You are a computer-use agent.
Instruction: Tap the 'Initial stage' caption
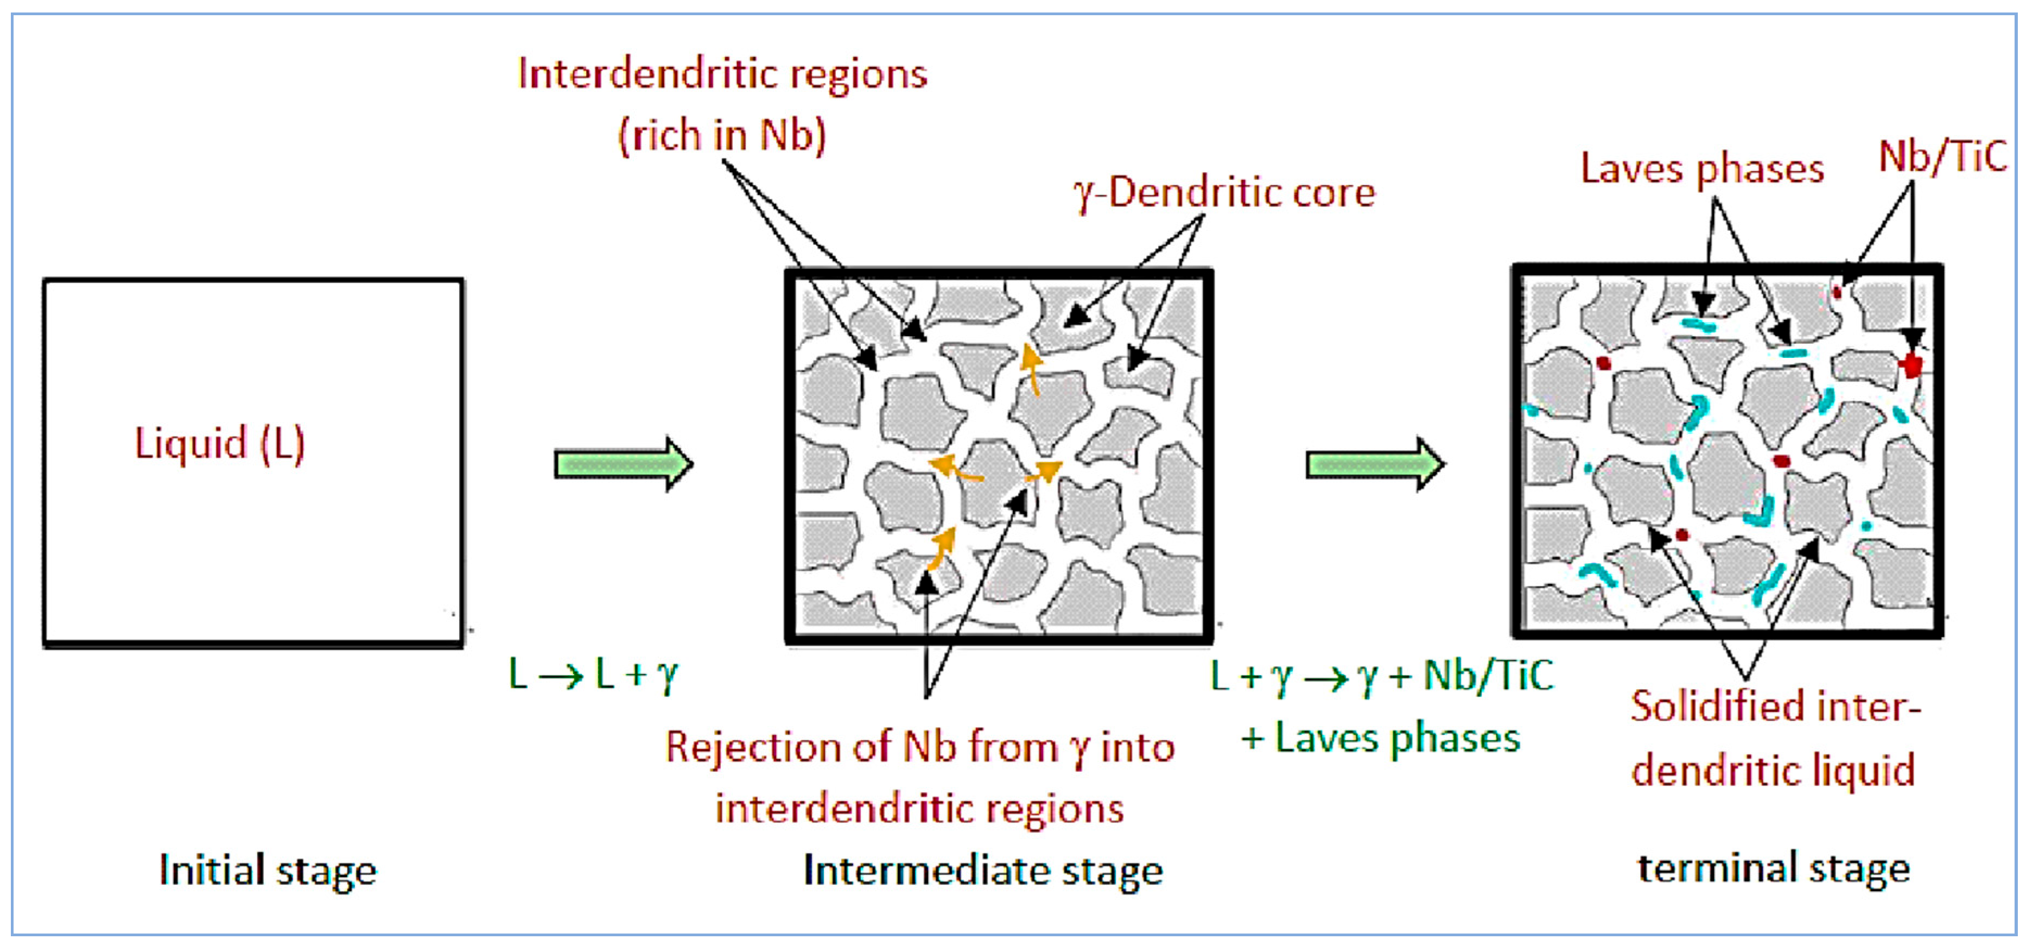point(268,871)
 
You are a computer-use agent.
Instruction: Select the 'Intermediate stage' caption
point(982,871)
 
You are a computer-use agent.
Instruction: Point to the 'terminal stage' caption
point(1773,869)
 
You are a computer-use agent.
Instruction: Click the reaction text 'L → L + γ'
point(593,675)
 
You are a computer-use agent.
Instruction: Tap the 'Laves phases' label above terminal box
point(1702,169)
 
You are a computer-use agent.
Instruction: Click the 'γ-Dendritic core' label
point(1224,192)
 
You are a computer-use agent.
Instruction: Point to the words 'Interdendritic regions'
point(722,74)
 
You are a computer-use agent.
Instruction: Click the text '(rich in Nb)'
point(721,135)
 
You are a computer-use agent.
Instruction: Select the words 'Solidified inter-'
point(1775,707)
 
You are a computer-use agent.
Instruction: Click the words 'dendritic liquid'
point(1773,770)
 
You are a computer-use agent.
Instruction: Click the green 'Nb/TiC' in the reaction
point(1488,676)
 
